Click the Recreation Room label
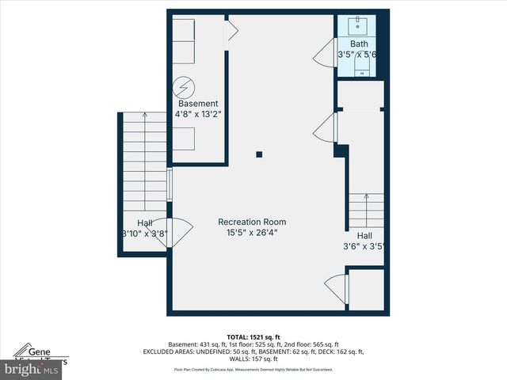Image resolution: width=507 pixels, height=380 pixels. (x=252, y=222)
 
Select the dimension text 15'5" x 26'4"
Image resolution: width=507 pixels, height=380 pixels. (x=252, y=233)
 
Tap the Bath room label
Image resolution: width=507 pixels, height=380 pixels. (x=359, y=44)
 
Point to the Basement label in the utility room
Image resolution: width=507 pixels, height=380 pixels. (x=198, y=104)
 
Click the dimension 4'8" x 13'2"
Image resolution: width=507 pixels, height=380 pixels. (x=198, y=114)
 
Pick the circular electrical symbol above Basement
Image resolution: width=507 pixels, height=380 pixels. (x=185, y=84)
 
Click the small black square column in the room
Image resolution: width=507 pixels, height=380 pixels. (x=259, y=154)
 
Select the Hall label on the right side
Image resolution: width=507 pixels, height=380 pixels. (x=364, y=236)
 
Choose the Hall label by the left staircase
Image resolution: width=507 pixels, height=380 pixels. (x=144, y=223)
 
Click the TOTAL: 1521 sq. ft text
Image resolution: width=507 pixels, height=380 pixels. (x=253, y=336)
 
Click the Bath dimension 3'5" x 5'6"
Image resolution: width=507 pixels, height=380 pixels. (x=358, y=55)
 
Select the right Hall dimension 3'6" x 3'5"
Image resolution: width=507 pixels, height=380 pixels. (x=364, y=246)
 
